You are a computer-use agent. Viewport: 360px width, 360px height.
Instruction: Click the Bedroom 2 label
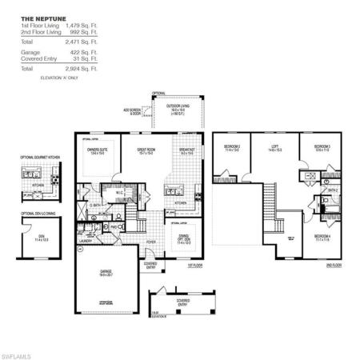pyautogui.click(x=232, y=147)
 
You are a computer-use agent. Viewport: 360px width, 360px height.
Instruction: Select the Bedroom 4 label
pyautogui.click(x=322, y=235)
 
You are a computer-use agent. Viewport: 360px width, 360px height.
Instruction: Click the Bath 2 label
pyautogui.click(x=330, y=189)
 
